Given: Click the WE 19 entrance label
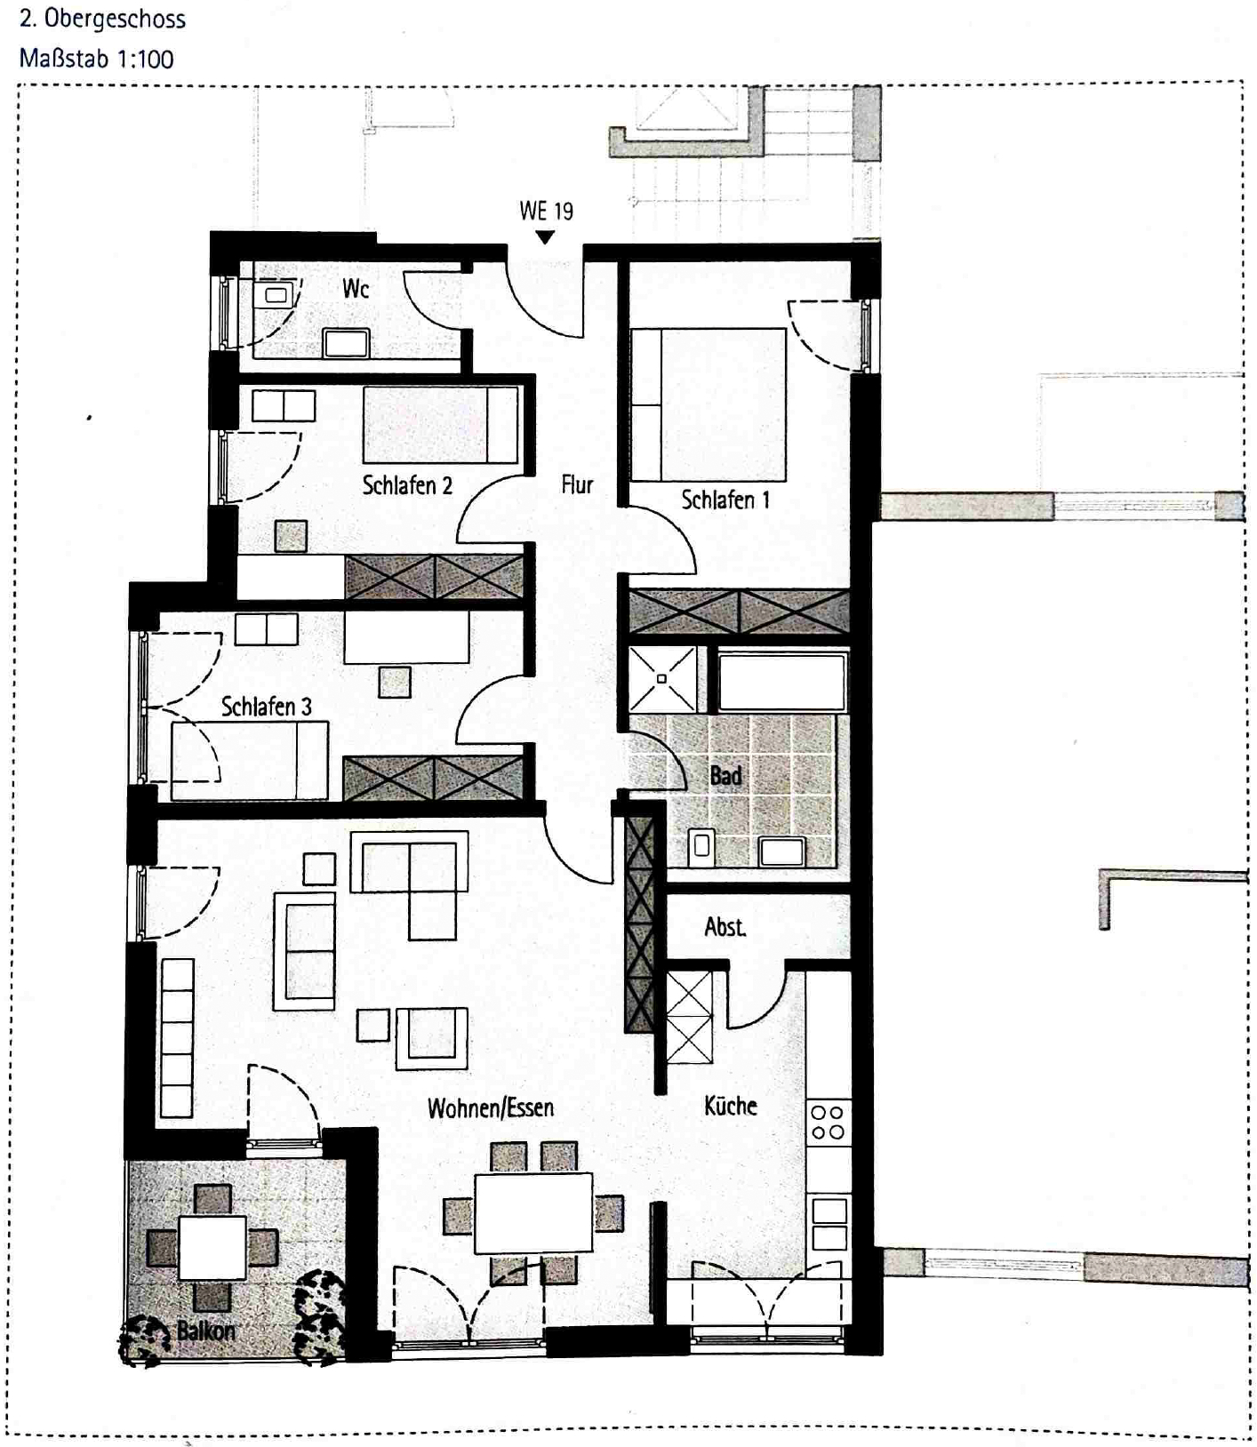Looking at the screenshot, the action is [546, 211].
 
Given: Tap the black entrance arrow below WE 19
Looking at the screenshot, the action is [546, 237].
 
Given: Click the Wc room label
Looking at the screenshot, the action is [356, 288].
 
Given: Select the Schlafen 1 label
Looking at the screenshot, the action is [725, 500].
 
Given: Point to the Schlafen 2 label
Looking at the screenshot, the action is [407, 485].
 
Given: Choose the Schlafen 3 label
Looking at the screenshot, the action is [266, 707].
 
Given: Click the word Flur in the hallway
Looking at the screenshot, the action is [577, 484].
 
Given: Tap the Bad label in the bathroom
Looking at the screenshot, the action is [725, 776].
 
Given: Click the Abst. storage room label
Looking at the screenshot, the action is [725, 927].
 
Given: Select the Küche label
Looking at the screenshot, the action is [731, 1106].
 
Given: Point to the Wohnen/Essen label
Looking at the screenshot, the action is [491, 1107].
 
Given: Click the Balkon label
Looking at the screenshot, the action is [206, 1331].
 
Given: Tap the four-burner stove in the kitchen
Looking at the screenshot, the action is [829, 1122].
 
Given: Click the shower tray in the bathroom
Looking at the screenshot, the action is [662, 679].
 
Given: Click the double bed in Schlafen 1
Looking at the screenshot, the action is [709, 404].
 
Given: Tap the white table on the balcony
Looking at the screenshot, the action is [212, 1248].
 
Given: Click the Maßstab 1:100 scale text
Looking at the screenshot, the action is [97, 60].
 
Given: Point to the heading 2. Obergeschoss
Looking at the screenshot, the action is [102, 19].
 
